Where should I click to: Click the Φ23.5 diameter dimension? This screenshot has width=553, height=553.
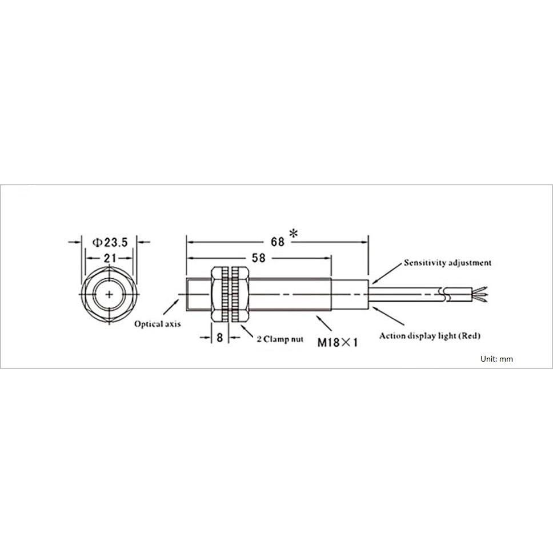point(110,242)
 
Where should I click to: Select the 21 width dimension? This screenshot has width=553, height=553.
point(110,258)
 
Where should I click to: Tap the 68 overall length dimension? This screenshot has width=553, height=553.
point(278,242)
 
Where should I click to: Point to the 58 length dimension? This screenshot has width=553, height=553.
point(259,258)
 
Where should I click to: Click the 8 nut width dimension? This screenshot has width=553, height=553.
point(220,338)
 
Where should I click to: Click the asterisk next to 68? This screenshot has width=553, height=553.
point(294,234)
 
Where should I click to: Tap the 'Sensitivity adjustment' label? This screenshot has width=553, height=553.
point(447,263)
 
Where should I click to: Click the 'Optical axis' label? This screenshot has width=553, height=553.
point(157,324)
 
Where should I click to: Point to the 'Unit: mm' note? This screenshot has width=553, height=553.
point(497,359)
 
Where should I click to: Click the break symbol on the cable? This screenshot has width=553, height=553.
point(444,294)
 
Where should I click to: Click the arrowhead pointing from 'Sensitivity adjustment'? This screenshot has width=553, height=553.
point(374,280)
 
